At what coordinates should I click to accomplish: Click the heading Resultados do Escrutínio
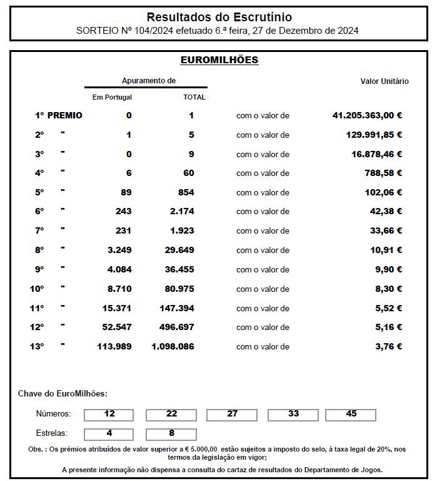(219, 17)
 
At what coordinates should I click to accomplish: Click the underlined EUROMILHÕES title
(219, 60)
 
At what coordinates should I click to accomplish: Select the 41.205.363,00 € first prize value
(367, 115)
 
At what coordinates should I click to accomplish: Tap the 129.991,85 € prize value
(374, 135)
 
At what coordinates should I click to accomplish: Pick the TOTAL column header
(194, 97)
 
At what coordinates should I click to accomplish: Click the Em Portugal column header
(112, 97)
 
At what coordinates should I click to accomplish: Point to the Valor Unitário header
(384, 81)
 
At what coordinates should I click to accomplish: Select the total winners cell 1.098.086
(173, 346)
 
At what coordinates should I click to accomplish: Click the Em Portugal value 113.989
(114, 346)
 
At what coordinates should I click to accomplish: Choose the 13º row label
(37, 346)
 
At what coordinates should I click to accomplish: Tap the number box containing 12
(109, 415)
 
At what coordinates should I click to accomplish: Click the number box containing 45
(351, 415)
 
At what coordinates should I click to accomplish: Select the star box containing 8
(171, 433)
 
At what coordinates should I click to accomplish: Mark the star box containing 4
(109, 433)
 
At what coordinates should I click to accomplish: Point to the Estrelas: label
(52, 433)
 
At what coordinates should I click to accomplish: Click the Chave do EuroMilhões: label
(63, 393)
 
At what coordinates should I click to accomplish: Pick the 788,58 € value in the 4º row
(383, 173)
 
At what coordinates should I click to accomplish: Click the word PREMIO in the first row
(64, 115)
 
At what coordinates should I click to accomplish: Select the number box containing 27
(232, 415)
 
